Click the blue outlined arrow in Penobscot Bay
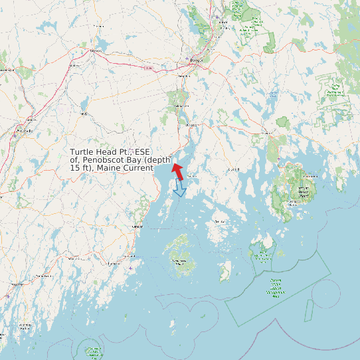tap(179, 189)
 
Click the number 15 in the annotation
tap(75, 168)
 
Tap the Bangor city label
tap(195, 60)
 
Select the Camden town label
tap(137, 226)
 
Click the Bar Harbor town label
tap(309, 176)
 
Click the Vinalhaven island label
tap(179, 262)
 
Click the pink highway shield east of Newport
tap(147, 68)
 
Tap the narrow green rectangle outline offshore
tap(308, 309)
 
